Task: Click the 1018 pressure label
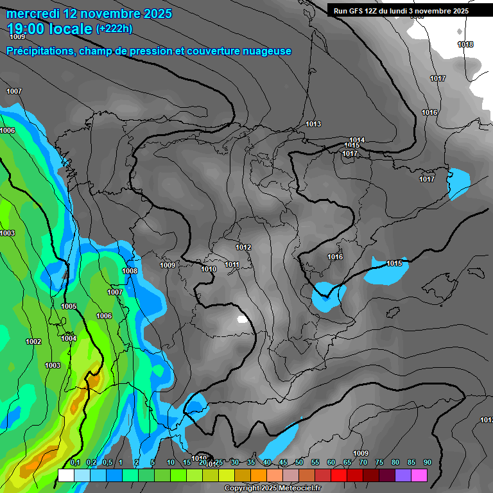(465, 44)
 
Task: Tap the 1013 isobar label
(313, 124)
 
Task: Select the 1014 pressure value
(357, 140)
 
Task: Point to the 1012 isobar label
(243, 247)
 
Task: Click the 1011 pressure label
(232, 264)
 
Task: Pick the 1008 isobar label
(130, 271)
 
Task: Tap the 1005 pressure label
(69, 306)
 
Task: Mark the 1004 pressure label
(69, 338)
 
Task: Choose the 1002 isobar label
(33, 342)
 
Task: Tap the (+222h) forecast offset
(115, 29)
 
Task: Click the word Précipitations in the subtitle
(39, 51)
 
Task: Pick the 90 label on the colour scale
(427, 462)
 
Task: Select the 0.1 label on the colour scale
(75, 462)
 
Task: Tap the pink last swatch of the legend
(419, 475)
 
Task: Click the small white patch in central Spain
(242, 318)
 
